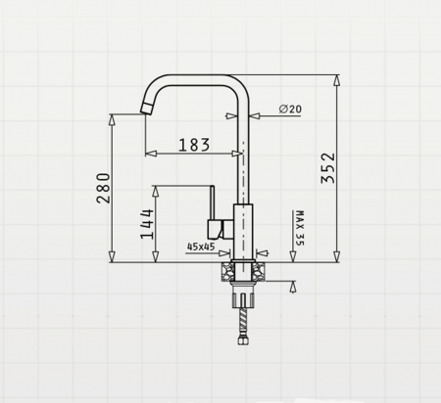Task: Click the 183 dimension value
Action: pyautogui.click(x=194, y=145)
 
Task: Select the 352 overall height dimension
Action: pyautogui.click(x=328, y=168)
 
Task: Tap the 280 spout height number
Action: pyautogui.click(x=103, y=188)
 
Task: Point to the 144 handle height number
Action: pyautogui.click(x=147, y=224)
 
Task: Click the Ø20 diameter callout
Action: pyautogui.click(x=290, y=109)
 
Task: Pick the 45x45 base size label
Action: pyautogui.click(x=201, y=246)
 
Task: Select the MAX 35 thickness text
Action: pyautogui.click(x=300, y=228)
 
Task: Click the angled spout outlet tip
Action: pyautogui.click(x=148, y=109)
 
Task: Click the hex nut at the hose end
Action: pyautogui.click(x=242, y=341)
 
